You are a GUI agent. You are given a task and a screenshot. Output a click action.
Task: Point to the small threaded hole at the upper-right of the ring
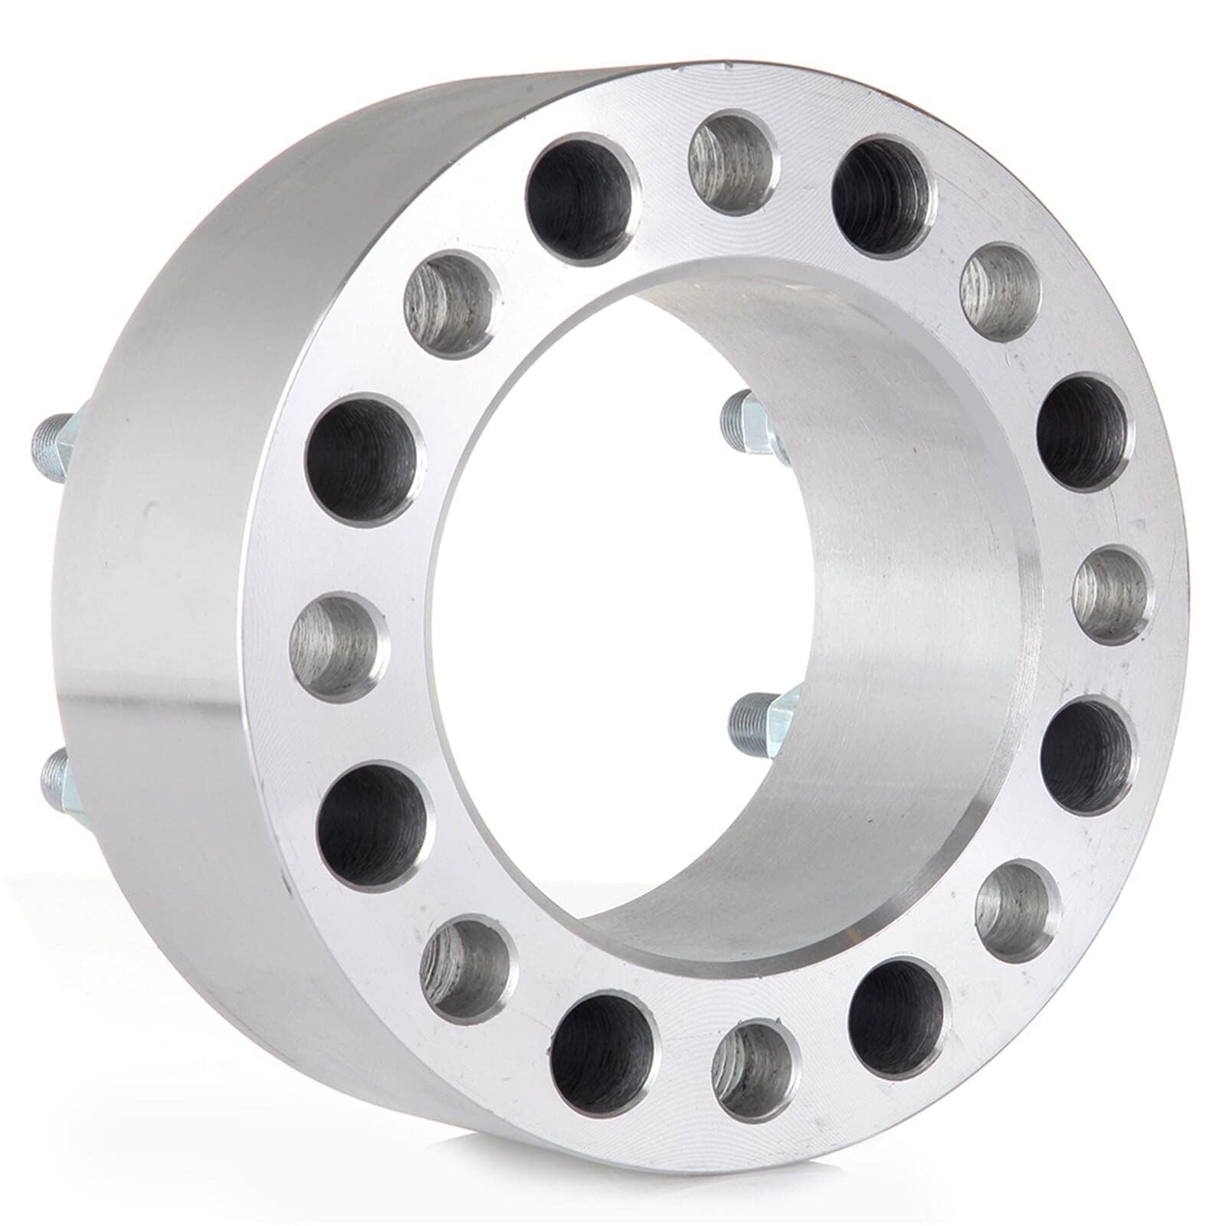[1000, 292]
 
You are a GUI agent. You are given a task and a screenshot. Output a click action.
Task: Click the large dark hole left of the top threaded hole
[582, 198]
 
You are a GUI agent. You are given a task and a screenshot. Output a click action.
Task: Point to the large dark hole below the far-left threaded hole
[374, 826]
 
